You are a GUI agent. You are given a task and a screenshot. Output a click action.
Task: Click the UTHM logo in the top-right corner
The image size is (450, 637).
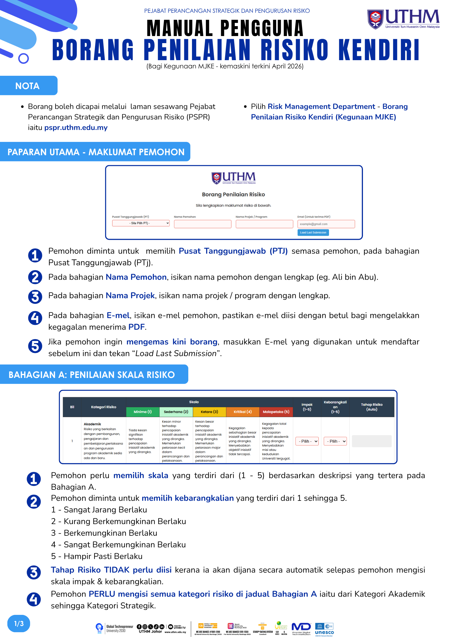(403, 19)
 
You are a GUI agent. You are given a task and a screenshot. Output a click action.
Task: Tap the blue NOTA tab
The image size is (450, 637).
(28, 86)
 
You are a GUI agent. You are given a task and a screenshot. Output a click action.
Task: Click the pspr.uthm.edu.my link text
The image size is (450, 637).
(76, 128)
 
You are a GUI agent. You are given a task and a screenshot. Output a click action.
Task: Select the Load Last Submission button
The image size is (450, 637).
(313, 232)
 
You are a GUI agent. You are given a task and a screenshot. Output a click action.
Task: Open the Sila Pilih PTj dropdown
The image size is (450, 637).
(141, 223)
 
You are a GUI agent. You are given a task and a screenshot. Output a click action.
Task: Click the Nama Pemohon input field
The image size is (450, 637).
(202, 224)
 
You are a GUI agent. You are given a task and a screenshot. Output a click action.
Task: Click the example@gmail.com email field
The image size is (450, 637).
(326, 224)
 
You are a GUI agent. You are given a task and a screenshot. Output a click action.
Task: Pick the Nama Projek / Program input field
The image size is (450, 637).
(264, 224)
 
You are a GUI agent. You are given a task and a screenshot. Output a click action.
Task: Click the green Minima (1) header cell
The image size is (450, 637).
(143, 412)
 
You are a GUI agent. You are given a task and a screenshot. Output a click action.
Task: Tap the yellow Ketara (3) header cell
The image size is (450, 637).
(209, 412)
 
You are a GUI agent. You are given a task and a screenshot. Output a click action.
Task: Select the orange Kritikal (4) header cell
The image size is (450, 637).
(243, 412)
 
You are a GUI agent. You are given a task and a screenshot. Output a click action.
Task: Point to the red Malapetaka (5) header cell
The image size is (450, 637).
(276, 412)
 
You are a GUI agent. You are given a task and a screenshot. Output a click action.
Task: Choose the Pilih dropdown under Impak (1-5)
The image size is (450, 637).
(307, 441)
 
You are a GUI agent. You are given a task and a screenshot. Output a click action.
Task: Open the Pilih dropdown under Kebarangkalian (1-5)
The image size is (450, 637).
(335, 441)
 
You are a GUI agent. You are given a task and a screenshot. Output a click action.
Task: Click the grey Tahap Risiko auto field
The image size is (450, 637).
(371, 441)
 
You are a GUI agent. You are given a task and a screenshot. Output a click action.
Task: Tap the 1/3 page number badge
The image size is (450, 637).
(19, 623)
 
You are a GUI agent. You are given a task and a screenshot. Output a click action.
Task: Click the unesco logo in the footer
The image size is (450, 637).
(324, 630)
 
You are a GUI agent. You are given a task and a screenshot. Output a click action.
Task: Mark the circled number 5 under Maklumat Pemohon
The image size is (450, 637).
(35, 346)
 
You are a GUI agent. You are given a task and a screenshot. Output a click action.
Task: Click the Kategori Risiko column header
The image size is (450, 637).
(103, 407)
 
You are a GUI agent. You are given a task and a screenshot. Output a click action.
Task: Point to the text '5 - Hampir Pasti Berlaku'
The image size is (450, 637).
(97, 556)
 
